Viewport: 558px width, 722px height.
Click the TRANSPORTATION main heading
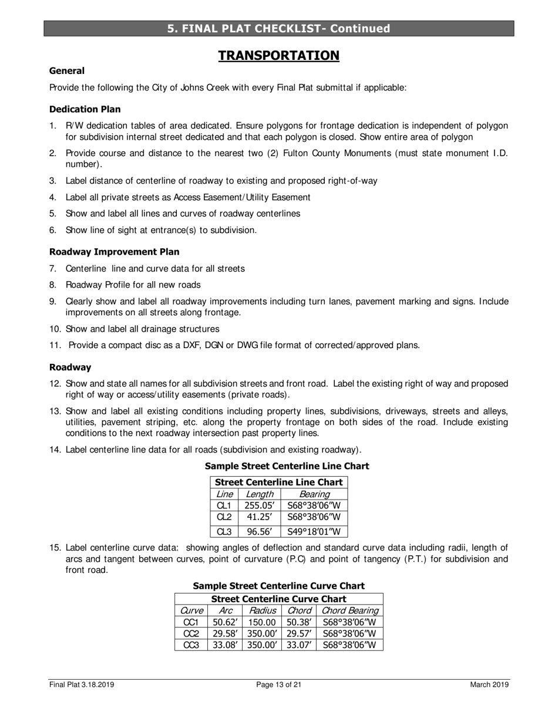[x=279, y=56]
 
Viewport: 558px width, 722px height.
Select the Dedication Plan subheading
[x=85, y=109]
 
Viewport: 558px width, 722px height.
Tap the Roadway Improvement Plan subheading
[x=115, y=252]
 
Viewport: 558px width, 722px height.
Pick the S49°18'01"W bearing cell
[x=314, y=532]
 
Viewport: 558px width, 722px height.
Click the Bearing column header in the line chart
[x=314, y=494]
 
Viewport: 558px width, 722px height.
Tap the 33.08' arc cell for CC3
[x=223, y=645]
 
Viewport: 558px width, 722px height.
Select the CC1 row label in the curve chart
[x=191, y=622]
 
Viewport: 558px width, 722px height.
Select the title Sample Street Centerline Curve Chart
[x=279, y=586]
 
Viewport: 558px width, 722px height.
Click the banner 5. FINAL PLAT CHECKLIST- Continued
[x=279, y=29]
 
